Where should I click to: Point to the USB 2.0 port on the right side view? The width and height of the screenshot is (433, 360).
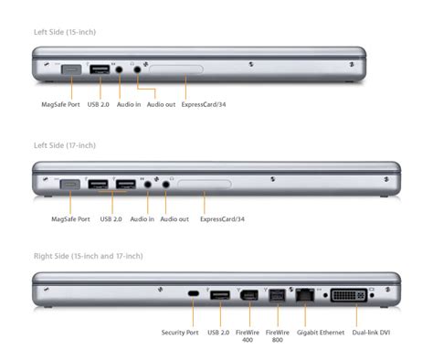point(220,295)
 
